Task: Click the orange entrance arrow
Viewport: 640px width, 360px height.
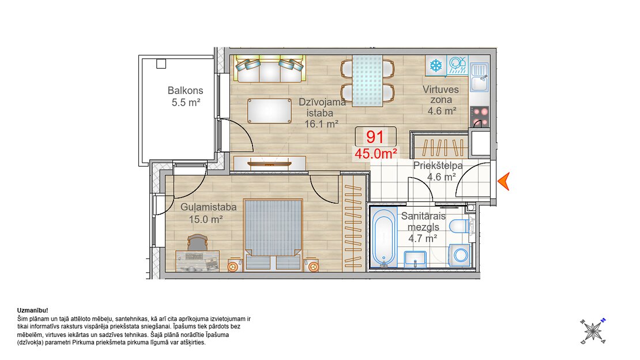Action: point(505,181)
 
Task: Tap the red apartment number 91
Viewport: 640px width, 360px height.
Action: point(375,137)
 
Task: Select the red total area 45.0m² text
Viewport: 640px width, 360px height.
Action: point(375,153)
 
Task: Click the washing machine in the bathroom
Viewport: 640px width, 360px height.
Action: point(461,256)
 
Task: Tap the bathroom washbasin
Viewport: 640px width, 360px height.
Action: point(415,259)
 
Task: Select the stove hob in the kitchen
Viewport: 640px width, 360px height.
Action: point(480,117)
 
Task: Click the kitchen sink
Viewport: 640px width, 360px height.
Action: point(479,77)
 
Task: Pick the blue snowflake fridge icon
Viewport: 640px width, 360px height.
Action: point(436,65)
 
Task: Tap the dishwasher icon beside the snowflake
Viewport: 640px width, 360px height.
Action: point(457,65)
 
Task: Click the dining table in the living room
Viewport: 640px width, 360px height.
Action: point(367,81)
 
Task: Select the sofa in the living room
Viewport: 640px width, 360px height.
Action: point(269,69)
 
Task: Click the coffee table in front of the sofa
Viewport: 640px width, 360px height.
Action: point(269,111)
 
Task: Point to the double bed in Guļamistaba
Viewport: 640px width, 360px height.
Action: point(273,234)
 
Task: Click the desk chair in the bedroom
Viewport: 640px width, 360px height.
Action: point(198,242)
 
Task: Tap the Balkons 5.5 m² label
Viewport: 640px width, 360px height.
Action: point(185,96)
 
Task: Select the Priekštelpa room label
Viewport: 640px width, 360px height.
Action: point(438,166)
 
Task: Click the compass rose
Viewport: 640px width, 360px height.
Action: point(593,331)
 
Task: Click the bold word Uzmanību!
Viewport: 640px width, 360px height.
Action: point(33,310)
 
